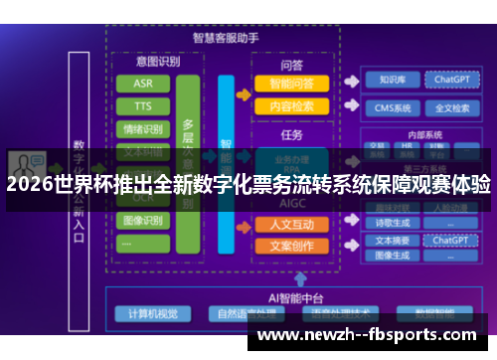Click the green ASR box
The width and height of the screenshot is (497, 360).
[x=143, y=83]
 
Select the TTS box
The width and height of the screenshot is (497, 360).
[x=143, y=105]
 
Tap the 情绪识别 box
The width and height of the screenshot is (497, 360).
[x=143, y=128]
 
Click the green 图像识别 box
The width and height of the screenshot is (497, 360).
[x=143, y=220]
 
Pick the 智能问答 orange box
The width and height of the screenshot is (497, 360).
[x=292, y=84]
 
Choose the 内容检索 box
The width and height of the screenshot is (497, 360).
[x=292, y=106]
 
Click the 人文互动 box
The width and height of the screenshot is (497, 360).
[x=292, y=224]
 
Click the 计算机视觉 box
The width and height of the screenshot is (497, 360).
[x=152, y=313]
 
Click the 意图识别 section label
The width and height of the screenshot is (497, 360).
[x=143, y=62]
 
